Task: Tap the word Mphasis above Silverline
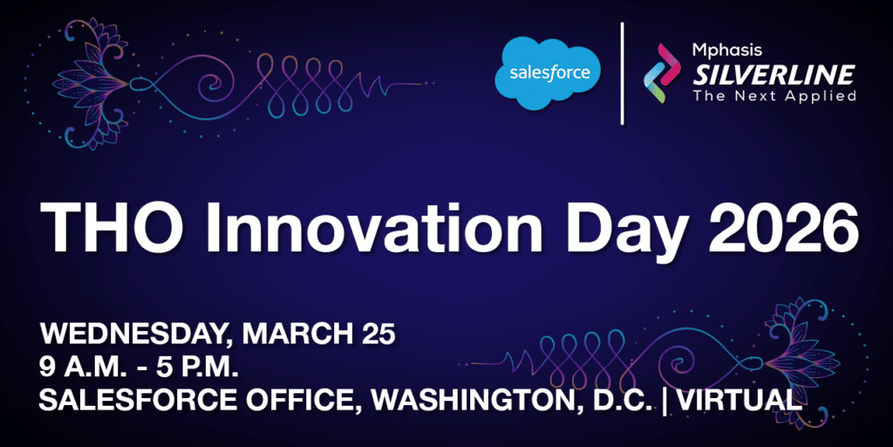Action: point(722,51)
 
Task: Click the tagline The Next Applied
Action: point(774,95)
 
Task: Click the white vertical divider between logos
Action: point(622,73)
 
